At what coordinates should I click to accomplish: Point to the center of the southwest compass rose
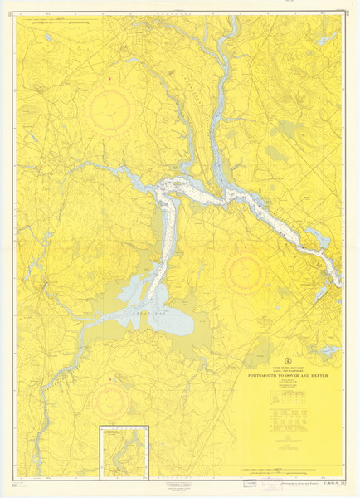[110, 402]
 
